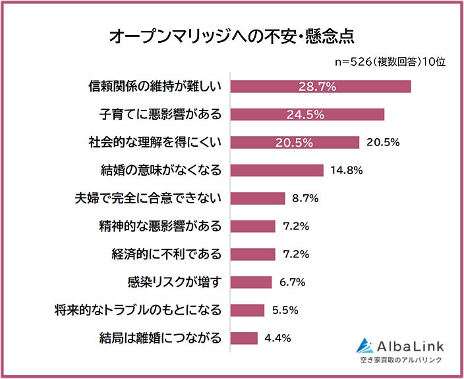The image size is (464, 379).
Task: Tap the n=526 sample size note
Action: (x=391, y=62)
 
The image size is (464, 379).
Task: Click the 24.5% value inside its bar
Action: (x=305, y=114)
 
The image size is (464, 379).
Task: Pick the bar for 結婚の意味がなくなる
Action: (x=277, y=170)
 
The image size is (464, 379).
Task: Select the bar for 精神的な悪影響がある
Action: (x=253, y=226)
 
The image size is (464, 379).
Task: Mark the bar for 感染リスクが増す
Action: (x=251, y=282)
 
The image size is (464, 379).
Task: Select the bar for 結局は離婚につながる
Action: (x=244, y=338)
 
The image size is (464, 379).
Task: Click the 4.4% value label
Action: (x=277, y=338)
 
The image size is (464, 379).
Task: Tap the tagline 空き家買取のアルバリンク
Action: (x=401, y=360)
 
